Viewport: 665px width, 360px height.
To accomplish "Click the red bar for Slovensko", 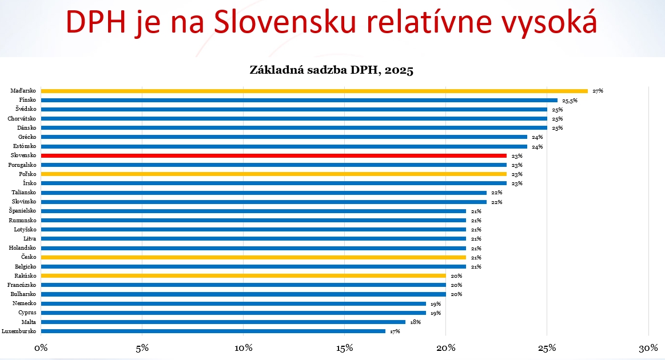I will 273,155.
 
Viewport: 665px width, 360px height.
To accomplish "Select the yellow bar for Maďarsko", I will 314,90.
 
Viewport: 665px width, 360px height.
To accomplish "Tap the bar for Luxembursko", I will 213,331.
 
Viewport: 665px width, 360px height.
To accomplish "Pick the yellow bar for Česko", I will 253,257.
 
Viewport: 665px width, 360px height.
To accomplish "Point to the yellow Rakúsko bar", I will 243,275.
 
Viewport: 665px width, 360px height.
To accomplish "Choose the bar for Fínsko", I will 298,100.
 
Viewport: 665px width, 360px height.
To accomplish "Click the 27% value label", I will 598,91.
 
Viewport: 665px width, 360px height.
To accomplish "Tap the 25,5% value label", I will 570,100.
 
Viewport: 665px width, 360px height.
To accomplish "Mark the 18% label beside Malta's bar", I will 416,322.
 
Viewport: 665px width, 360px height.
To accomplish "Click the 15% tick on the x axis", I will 345,348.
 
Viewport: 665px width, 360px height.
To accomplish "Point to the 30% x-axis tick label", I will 648,348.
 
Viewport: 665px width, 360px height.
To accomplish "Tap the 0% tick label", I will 41,348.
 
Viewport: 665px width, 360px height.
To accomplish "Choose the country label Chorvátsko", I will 23,118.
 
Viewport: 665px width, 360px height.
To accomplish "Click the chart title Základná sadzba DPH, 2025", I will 332,70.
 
